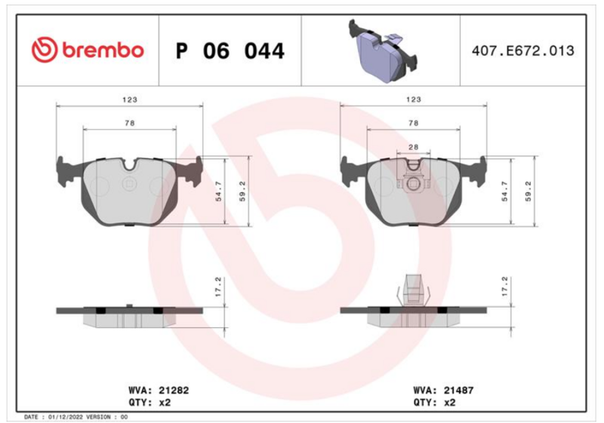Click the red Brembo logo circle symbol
tap(45, 50)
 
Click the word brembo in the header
tap(103, 51)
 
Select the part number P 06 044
tap(230, 51)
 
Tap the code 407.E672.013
tap(522, 51)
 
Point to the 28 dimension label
tap(413, 147)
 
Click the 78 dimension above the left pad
tap(130, 123)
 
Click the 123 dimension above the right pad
tap(413, 100)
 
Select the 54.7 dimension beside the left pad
tap(218, 191)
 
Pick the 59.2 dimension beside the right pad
tap(528, 191)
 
